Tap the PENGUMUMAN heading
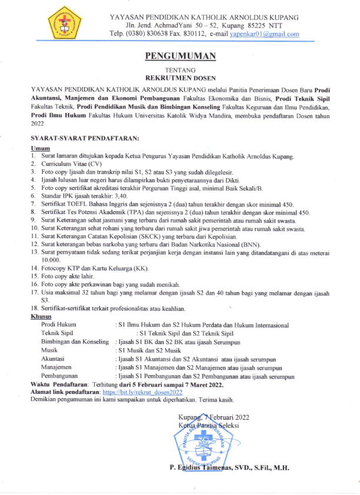pyautogui.click(x=180, y=56)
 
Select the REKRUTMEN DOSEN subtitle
pyautogui.click(x=180, y=77)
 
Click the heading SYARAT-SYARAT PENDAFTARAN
pyautogui.click(x=84, y=138)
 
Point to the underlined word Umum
pyautogui.click(x=39, y=148)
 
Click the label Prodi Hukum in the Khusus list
pyautogui.click(x=59, y=325)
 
